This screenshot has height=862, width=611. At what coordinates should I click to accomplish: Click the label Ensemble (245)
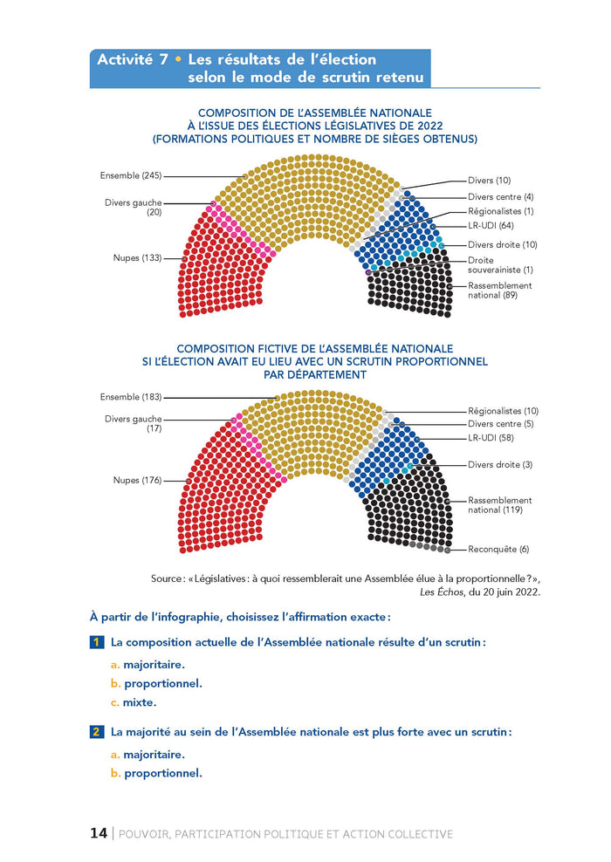pos(131,176)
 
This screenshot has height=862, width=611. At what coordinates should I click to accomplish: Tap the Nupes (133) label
pos(138,258)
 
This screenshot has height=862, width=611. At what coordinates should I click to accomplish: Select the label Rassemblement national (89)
pos(500,291)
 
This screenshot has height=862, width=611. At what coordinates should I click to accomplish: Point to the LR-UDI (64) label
pos(491,225)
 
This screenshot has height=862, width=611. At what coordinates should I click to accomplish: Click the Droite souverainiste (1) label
pos(500,265)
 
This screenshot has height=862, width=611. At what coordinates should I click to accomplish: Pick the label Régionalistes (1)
pos(500,211)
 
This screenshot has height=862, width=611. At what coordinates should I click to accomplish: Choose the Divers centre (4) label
pos(500,197)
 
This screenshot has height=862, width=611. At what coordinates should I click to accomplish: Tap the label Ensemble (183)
pos(131,397)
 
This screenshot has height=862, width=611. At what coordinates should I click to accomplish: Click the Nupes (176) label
pos(138,480)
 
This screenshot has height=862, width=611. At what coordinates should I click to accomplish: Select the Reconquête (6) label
pos(498,549)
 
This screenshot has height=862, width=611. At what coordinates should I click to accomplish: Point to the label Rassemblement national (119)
pos(500,505)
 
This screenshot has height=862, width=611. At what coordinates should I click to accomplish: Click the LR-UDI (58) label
pos(491,438)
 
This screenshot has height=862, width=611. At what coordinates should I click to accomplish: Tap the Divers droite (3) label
pos(500,464)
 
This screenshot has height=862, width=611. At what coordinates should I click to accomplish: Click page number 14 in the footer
pos(99,833)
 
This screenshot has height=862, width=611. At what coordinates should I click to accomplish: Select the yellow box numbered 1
pos(96,642)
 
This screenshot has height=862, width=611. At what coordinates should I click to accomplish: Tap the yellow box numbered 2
pos(96,732)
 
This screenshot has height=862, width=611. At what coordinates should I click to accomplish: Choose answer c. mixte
pos(134,702)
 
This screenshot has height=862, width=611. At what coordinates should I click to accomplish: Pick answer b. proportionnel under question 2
pos(156,774)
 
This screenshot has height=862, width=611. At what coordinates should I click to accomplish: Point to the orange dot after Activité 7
pos(178,59)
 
